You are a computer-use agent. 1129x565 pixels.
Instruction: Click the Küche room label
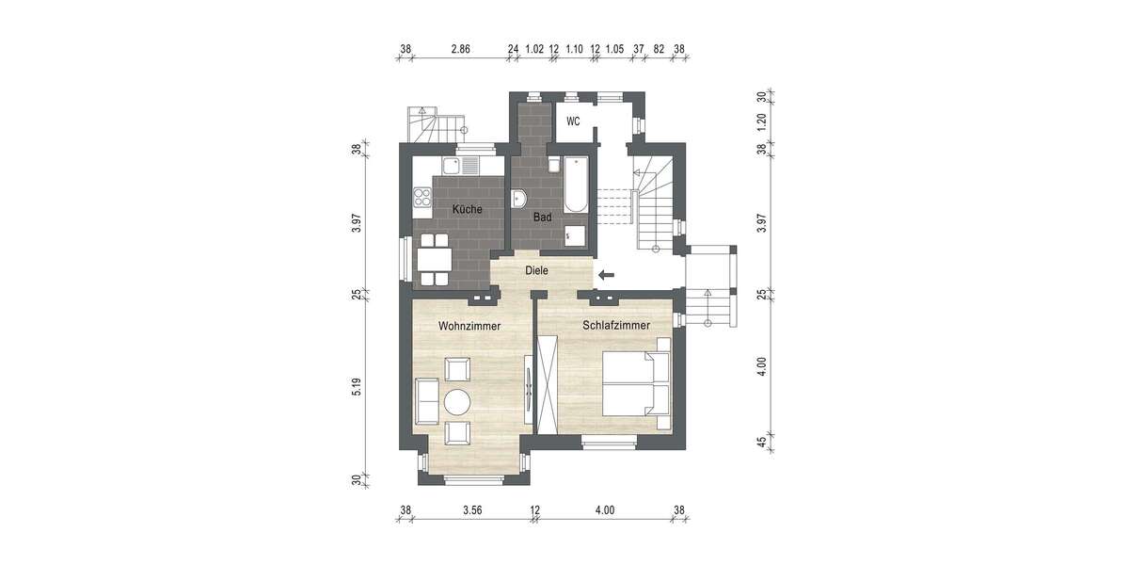[x=468, y=209]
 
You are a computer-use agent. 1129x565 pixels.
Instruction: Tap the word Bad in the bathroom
[x=542, y=217]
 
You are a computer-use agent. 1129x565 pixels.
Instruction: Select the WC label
[x=572, y=121]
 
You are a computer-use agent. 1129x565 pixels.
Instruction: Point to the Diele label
[x=536, y=270]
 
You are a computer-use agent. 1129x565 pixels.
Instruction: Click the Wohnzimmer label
[x=469, y=325]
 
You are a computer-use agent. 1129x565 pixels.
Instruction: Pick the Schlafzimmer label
[x=616, y=325]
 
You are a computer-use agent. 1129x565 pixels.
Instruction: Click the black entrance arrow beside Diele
[x=605, y=275]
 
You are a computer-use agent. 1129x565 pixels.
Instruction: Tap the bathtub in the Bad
[x=576, y=186]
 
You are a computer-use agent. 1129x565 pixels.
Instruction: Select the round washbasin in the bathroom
[x=520, y=199]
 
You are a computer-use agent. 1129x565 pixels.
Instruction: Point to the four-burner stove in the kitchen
[x=421, y=199]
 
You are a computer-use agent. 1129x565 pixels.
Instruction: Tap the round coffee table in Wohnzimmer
[x=458, y=402]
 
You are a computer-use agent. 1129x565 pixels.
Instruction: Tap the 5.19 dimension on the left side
[x=357, y=387]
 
